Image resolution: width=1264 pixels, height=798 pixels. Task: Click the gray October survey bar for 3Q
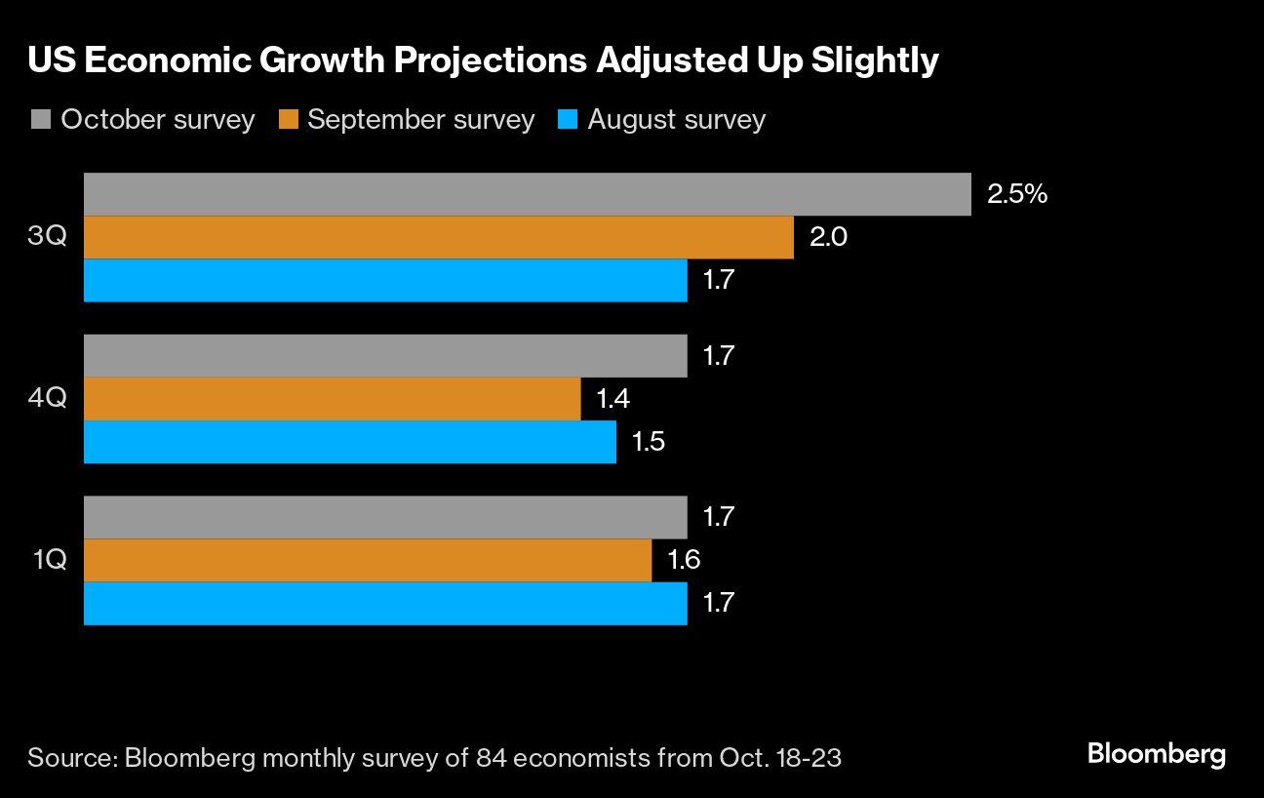527,194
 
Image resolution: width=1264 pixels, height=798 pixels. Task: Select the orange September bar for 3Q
439,237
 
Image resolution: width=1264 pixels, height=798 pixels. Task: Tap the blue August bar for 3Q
385,280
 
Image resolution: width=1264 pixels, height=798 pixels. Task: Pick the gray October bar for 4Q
385,356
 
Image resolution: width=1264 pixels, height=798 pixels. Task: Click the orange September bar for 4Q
332,399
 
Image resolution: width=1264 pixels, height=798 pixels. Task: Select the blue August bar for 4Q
349,442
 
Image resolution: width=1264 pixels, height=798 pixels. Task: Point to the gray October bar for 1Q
385,517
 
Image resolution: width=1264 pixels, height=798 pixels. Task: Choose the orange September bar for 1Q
368,560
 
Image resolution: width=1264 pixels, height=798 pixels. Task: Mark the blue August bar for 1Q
385,603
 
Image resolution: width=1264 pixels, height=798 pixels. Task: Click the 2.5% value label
1017,194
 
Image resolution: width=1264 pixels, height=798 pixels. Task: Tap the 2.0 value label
828,237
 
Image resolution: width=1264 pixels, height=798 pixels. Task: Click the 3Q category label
48,237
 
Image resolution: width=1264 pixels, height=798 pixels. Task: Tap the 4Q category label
48,399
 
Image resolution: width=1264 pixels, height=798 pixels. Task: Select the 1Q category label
48,560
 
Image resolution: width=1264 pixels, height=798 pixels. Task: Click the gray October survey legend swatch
40,120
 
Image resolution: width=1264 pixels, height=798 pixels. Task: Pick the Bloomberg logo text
1156,754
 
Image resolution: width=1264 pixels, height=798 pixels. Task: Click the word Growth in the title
316,60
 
